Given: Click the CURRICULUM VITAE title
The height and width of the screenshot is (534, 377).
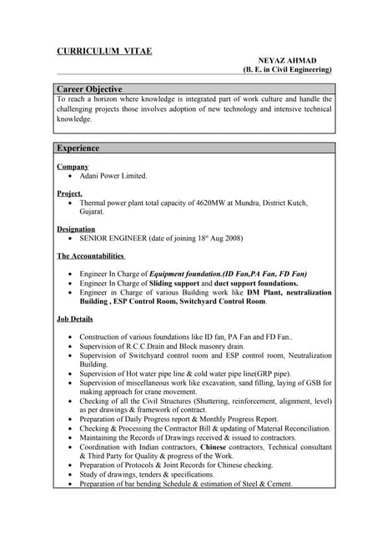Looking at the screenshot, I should (x=104, y=51).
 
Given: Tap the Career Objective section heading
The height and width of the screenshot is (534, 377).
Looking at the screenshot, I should (x=89, y=88).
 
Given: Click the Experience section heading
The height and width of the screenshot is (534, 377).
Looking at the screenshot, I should (x=78, y=148).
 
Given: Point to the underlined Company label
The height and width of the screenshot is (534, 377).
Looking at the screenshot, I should (x=73, y=166).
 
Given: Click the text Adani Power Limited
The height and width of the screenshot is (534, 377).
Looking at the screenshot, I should (x=113, y=176).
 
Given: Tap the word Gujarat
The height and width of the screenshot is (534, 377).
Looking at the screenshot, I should (x=92, y=212).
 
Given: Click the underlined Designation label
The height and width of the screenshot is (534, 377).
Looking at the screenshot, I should (x=76, y=229).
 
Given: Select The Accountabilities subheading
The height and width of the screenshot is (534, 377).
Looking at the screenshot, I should (x=91, y=256).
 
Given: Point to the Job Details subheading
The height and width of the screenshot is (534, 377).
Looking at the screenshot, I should (x=75, y=319).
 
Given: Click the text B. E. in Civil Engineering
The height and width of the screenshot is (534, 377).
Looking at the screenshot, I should (x=285, y=71).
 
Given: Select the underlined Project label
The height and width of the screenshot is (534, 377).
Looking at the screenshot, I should (x=69, y=193).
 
